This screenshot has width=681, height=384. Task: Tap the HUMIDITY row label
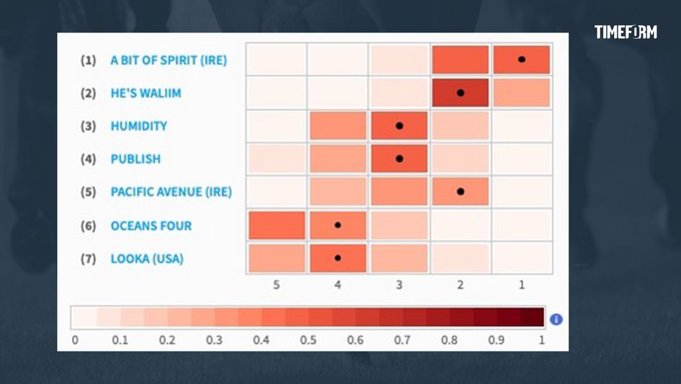pyautogui.click(x=138, y=126)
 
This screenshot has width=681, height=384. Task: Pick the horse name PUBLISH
pyautogui.click(x=135, y=159)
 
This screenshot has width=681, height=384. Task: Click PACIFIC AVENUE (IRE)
pyautogui.click(x=171, y=192)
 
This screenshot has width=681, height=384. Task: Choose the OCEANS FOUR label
pyautogui.click(x=151, y=226)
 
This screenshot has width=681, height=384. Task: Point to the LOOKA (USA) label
pyautogui.click(x=146, y=258)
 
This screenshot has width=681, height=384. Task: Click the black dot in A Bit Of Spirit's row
pyautogui.click(x=522, y=59)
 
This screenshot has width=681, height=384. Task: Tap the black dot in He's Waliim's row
pyautogui.click(x=460, y=92)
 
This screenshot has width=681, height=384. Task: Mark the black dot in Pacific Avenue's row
pyautogui.click(x=460, y=191)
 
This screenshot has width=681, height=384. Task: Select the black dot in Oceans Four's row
pyautogui.click(x=337, y=225)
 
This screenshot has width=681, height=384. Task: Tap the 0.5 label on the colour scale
pyautogui.click(x=308, y=339)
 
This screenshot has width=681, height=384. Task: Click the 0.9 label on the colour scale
pyautogui.click(x=495, y=339)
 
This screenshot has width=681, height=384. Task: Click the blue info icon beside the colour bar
pyautogui.click(x=556, y=319)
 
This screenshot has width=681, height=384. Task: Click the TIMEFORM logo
pyautogui.click(x=626, y=32)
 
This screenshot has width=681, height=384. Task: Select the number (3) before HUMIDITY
pyautogui.click(x=88, y=126)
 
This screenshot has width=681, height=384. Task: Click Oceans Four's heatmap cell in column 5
pyautogui.click(x=277, y=225)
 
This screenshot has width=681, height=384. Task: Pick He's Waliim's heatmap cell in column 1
pyautogui.click(x=522, y=92)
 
